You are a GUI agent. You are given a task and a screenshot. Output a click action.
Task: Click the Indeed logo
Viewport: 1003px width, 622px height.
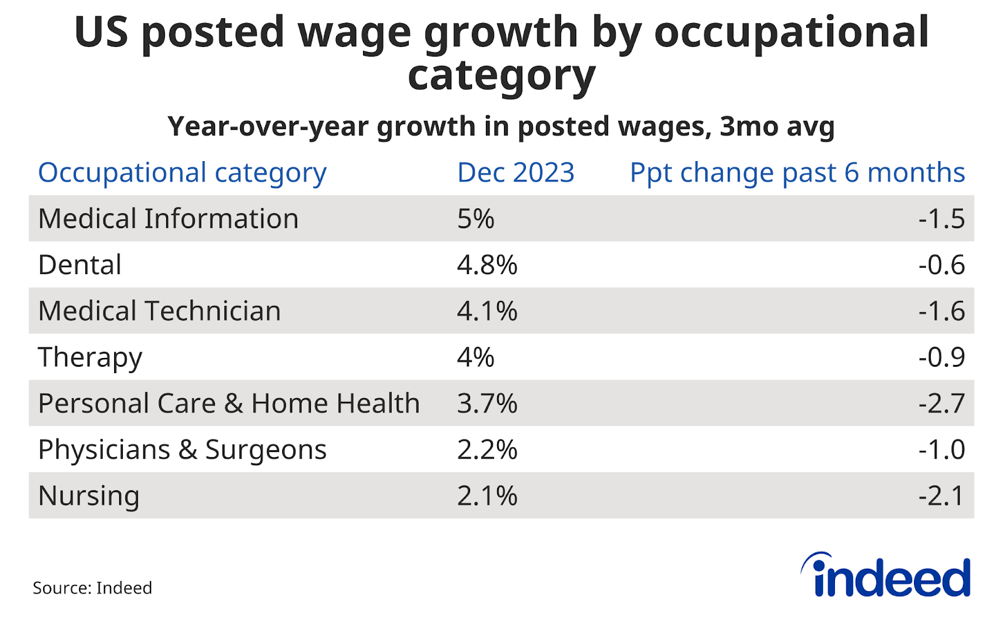point(886,576)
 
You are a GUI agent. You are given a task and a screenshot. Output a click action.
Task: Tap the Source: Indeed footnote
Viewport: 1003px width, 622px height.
point(92,588)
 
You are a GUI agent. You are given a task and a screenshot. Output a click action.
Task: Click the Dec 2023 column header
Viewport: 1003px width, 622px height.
point(515,172)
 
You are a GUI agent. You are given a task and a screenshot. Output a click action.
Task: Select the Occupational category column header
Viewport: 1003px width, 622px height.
point(182,173)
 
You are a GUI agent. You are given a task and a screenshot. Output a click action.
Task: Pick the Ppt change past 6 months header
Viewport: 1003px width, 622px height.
point(797,172)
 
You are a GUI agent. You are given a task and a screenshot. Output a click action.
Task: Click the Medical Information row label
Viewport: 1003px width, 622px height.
point(168,219)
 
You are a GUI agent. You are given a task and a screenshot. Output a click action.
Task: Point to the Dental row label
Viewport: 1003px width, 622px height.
point(80,265)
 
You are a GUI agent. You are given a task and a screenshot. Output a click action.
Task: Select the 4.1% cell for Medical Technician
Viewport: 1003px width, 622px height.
point(487,311)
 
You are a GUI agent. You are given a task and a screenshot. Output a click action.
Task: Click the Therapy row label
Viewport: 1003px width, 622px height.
point(90,357)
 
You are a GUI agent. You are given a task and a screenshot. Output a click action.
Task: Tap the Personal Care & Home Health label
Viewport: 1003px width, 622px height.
point(229,403)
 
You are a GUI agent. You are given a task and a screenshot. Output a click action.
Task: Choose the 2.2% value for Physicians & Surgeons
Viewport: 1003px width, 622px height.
point(487,450)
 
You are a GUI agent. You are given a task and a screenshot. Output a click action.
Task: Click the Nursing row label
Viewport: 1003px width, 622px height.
point(88,496)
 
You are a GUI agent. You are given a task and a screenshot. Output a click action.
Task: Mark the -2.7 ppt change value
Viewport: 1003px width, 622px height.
point(942,403)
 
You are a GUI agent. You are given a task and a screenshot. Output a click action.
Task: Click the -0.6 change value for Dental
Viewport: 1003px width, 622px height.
point(942,265)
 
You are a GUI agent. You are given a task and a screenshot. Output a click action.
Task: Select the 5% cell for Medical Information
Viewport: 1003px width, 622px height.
point(476,219)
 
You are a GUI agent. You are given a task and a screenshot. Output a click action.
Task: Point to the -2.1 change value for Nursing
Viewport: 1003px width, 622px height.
point(942,496)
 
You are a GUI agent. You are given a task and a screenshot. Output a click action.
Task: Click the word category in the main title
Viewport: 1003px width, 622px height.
point(501,76)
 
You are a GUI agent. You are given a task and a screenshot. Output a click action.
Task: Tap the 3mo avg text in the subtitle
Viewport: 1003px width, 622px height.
point(777,127)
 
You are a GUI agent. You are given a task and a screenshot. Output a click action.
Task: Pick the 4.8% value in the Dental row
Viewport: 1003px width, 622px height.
point(487,265)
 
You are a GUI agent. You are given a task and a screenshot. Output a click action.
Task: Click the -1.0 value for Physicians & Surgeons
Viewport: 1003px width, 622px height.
point(942,450)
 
